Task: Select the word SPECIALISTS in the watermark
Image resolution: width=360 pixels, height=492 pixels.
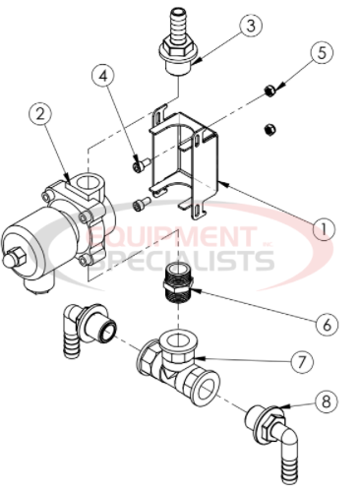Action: click(187, 260)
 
